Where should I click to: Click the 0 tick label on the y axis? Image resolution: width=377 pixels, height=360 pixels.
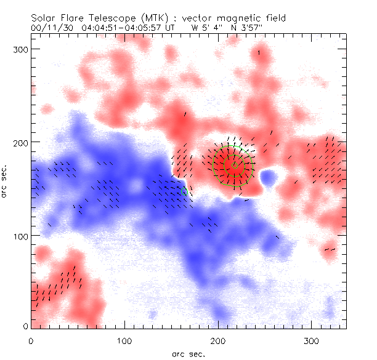[x=25, y=326]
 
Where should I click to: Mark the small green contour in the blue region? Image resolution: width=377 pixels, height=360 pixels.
[x=184, y=191]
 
